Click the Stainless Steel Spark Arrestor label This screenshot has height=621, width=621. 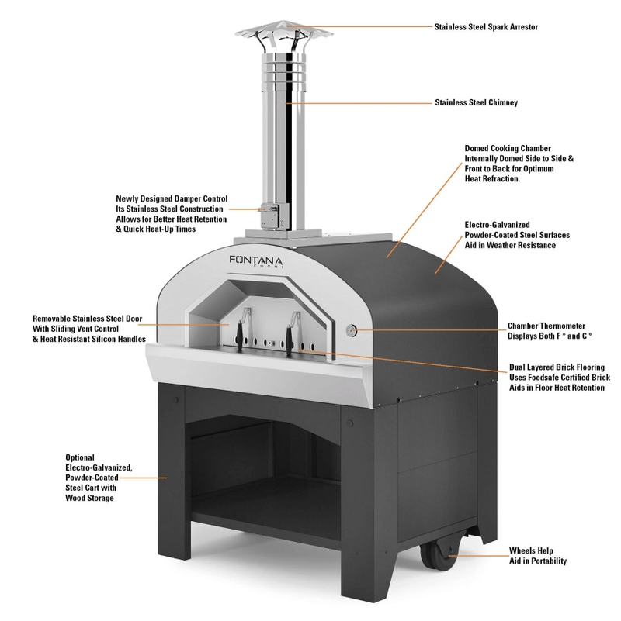(487, 26)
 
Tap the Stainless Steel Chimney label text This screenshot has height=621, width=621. (476, 102)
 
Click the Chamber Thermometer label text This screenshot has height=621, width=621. (546, 326)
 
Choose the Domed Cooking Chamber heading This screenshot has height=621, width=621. (507, 147)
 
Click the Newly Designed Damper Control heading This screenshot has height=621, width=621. (172, 198)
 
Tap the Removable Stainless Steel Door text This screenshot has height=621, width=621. (89, 318)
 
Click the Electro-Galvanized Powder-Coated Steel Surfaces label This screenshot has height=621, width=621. (521, 234)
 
